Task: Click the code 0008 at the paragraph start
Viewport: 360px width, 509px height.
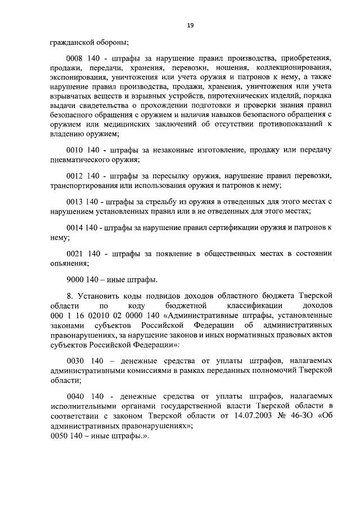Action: tap(75, 58)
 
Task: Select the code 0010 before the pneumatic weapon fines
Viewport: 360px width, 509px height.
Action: tap(75, 150)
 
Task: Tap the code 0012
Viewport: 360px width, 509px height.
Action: tap(75, 176)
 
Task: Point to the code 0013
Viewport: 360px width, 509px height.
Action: tap(75, 202)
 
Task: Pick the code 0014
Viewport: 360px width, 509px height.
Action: tap(75, 228)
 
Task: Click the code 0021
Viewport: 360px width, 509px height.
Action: tap(75, 254)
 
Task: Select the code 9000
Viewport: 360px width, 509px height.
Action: tap(75, 280)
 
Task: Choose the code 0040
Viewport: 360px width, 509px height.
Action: tap(75, 397)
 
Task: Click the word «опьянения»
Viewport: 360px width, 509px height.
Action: tap(68, 263)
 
